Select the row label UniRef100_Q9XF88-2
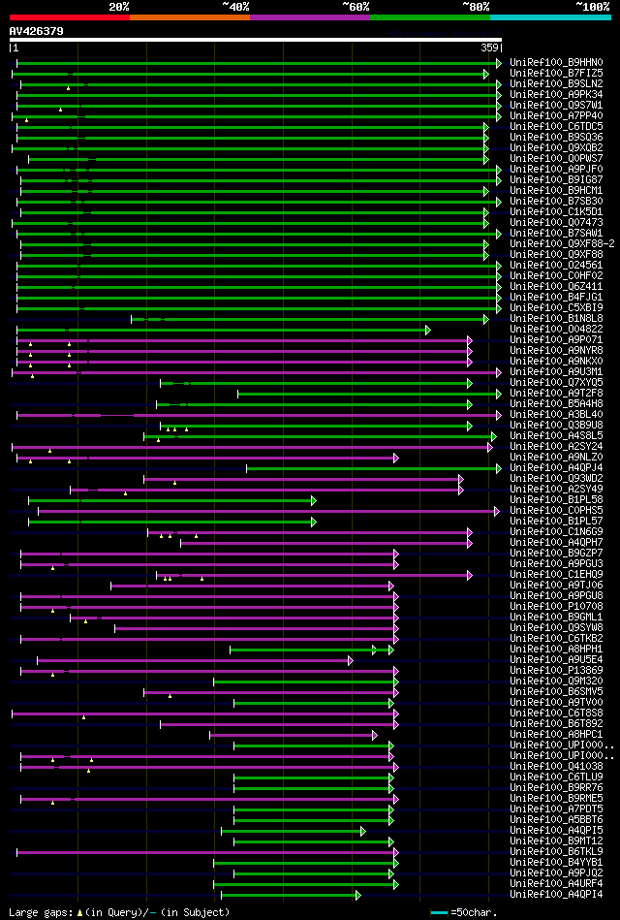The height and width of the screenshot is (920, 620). tap(561, 243)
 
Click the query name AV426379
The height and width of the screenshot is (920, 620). tap(37, 31)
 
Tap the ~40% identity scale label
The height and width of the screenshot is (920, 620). tap(235, 7)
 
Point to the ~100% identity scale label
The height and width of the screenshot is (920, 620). tap(592, 7)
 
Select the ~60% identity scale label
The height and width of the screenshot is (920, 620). tap(356, 7)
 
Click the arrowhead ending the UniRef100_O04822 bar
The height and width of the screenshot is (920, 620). tap(427, 330)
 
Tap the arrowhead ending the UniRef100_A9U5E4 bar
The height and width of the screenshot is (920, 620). tap(351, 660)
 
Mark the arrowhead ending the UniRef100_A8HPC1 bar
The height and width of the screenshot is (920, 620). tap(374, 735)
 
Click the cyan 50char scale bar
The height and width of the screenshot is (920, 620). tap(439, 912)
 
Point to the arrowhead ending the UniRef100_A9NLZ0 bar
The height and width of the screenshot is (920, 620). tap(395, 458)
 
